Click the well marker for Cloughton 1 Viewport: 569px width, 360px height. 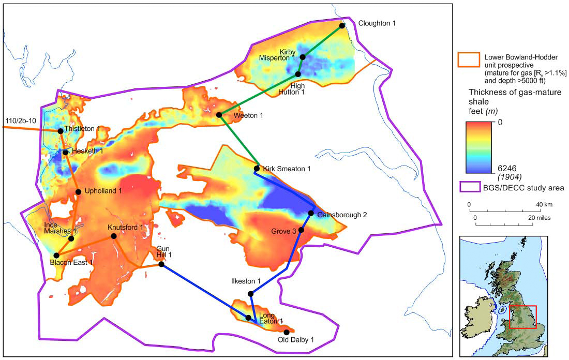[342, 25]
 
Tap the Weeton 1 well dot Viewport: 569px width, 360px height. [219, 115]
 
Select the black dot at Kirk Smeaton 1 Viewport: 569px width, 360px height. [257, 169]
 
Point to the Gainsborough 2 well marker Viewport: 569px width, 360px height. [311, 213]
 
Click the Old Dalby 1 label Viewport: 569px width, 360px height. [296, 340]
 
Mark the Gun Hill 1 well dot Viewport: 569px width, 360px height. [161, 264]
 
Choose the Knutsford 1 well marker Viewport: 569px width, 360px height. [113, 236]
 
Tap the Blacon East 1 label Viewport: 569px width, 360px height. [71, 263]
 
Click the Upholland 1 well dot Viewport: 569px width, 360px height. [78, 192]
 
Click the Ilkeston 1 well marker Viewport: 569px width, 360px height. [250, 294]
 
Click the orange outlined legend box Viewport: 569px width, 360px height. [468, 58]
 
